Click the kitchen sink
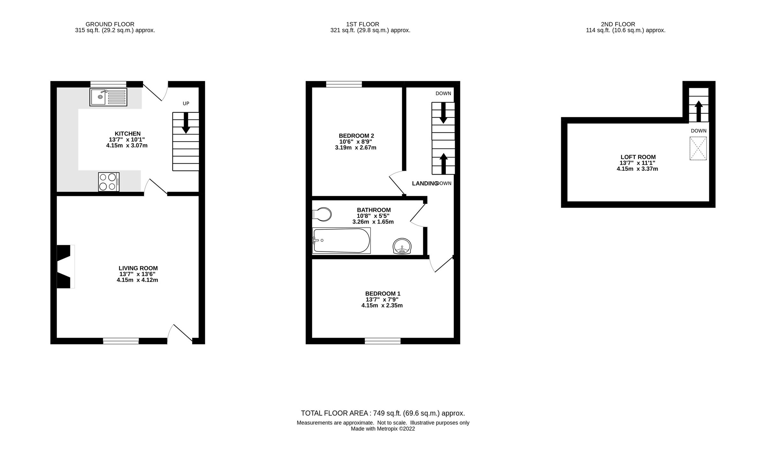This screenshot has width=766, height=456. (108, 97)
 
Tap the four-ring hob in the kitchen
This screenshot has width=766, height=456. (109, 182)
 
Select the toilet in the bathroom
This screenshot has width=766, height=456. (322, 214)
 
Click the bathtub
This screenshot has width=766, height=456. (341, 240)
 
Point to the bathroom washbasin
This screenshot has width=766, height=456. (402, 246)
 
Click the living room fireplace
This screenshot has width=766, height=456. (65, 266)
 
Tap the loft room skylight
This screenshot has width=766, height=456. (698, 148)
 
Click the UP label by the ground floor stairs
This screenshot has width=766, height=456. (186, 103)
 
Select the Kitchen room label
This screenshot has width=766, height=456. (128, 133)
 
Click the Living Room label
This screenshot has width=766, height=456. (138, 268)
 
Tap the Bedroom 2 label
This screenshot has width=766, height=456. (356, 136)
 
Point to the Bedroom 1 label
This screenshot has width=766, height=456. (383, 293)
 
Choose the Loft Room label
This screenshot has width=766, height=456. (638, 157)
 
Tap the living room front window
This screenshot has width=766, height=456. (121, 341)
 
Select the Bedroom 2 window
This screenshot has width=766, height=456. (344, 84)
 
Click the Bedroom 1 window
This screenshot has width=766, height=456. (383, 341)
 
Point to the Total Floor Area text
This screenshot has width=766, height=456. (383, 413)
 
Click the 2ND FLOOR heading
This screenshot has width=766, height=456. (618, 24)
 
